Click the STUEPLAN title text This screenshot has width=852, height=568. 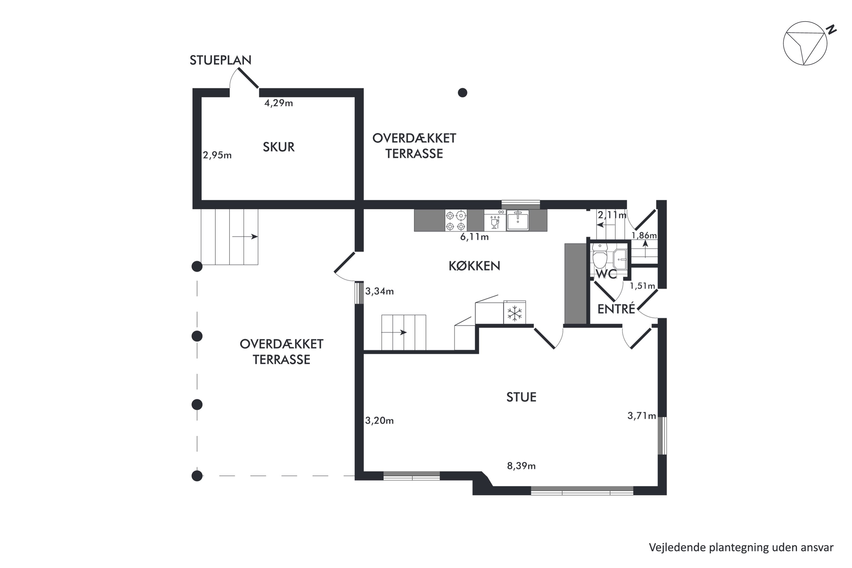pos(220,60)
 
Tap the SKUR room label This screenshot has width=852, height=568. pos(278,147)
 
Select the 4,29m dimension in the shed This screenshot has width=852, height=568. pos(278,103)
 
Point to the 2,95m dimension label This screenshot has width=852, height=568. pos(217,155)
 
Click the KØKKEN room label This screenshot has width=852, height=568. pos(474,266)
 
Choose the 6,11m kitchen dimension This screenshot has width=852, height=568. pos(474,237)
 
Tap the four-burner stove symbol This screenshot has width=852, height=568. pos(456,221)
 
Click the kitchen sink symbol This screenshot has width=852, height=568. pos(517,220)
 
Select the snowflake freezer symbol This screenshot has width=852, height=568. pos(514,313)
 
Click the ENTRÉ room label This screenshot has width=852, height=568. pos(616,309)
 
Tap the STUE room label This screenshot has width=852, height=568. pos(521,397)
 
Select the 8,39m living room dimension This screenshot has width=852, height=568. pos(521,466)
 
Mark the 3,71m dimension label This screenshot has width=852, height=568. pos(642,416)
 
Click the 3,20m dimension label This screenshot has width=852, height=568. pos(379,421)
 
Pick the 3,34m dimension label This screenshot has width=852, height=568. pos(379,291)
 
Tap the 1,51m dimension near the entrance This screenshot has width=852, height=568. pos(642,286)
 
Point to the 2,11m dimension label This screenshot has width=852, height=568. pos(612,215)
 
